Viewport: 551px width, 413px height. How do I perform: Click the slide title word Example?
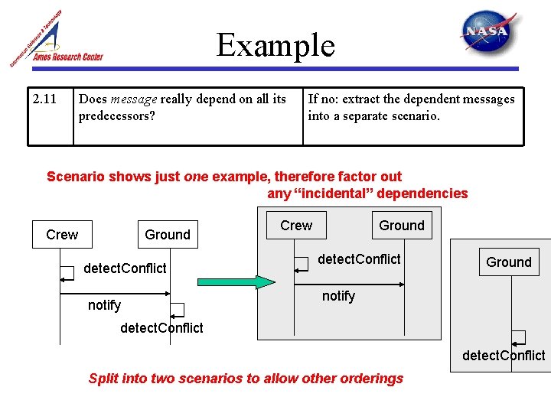(x=275, y=45)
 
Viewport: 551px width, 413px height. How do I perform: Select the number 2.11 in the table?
(x=44, y=99)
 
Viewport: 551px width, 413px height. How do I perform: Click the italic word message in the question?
(x=133, y=99)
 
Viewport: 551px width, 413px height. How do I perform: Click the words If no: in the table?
(x=323, y=99)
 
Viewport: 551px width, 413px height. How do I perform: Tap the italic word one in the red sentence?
(x=196, y=177)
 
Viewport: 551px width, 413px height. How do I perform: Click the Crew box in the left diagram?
(x=62, y=235)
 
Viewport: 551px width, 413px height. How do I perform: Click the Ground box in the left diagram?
(x=168, y=235)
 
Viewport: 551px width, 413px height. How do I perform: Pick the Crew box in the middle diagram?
(x=296, y=226)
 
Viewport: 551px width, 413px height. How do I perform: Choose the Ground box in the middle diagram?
(x=401, y=226)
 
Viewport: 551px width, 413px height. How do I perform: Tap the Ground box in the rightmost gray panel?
(x=508, y=262)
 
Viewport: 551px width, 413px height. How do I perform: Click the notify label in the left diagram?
(x=104, y=305)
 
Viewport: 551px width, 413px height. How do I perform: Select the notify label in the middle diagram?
(x=338, y=296)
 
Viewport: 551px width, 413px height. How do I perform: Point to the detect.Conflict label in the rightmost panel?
(x=504, y=355)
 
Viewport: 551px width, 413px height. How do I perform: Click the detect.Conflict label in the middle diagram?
(x=359, y=259)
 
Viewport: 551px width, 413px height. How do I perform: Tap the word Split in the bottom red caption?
(x=104, y=378)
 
